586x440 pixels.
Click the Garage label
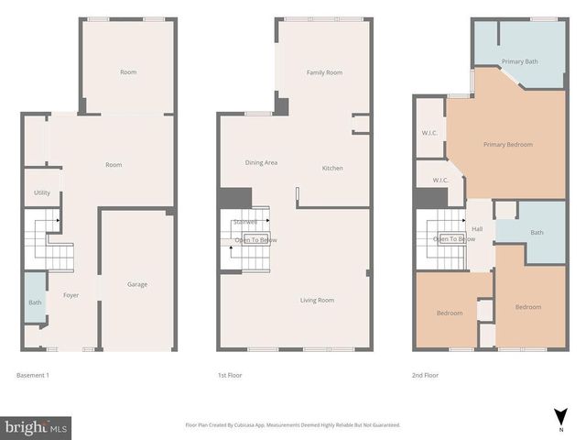tap(136, 284)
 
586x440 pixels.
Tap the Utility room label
tap(42, 192)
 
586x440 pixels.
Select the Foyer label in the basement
tap(71, 295)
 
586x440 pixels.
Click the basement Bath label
tap(35, 302)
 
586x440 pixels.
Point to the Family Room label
tap(324, 72)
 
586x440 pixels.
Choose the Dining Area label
tap(261, 162)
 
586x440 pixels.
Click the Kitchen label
tap(332, 169)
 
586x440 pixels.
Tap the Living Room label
tap(318, 300)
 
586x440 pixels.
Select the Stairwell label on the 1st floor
tap(245, 221)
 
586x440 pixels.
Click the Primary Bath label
tap(519, 61)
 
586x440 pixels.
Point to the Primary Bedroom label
tap(508, 144)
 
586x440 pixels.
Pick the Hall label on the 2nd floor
tap(477, 228)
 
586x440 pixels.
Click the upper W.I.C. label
tap(429, 133)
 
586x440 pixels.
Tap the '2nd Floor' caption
tap(425, 375)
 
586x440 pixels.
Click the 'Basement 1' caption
tap(33, 375)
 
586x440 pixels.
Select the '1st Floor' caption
tap(229, 375)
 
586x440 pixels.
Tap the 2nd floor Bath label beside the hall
tap(537, 232)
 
